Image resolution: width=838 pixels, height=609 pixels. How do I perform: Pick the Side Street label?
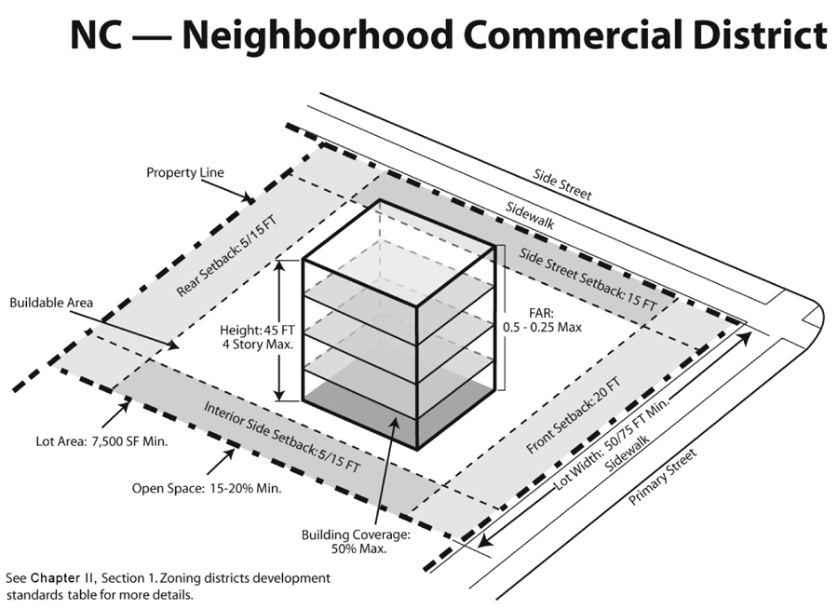click(x=562, y=183)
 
